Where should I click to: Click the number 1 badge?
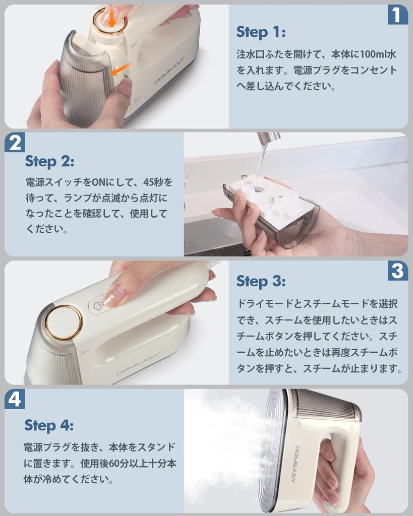[x=397, y=15]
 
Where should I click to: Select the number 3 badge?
[x=398, y=271]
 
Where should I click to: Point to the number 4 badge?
[x=15, y=399]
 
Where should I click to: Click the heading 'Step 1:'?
[x=261, y=32]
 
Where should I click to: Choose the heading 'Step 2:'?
[x=49, y=161]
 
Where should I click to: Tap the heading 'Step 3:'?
[x=261, y=281]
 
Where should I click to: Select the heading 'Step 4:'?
[x=49, y=425]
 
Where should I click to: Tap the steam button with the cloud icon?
[x=98, y=305]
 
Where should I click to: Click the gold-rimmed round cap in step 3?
[x=64, y=322]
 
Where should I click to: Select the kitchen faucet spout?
[x=268, y=139]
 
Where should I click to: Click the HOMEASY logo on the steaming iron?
[x=300, y=464]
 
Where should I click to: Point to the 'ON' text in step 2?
[x=98, y=182]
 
